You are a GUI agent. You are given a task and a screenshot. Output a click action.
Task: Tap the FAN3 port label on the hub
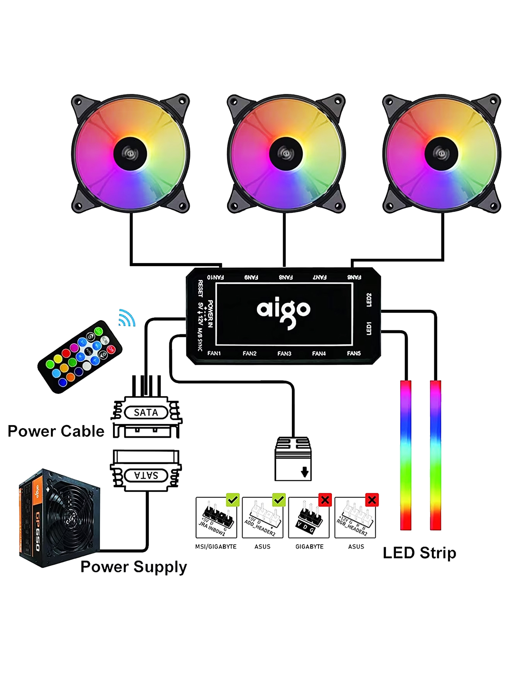(x=284, y=353)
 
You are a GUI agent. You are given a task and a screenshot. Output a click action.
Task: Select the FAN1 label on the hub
(x=214, y=353)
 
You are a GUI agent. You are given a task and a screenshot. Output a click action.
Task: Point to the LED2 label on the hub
(x=369, y=300)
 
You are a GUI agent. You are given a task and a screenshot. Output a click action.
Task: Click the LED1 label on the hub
(x=369, y=328)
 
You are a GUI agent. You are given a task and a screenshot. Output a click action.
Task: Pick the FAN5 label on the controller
(x=354, y=353)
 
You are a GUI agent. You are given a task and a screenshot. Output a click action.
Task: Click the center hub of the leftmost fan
(x=130, y=154)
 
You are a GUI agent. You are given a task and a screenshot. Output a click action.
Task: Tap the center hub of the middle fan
(x=286, y=154)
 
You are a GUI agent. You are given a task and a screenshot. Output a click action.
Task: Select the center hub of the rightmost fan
(x=441, y=154)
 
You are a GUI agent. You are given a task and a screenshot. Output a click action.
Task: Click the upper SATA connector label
(x=146, y=413)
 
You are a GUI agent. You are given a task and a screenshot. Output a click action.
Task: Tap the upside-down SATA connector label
(x=146, y=475)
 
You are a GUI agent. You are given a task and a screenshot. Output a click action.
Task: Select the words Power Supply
(x=133, y=567)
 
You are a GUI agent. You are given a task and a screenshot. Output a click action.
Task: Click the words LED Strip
(x=419, y=553)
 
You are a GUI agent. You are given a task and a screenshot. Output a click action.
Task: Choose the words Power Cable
(x=56, y=431)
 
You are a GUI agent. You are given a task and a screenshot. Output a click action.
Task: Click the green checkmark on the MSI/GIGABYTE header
(x=233, y=500)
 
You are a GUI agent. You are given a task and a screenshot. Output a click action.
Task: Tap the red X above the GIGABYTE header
(x=325, y=500)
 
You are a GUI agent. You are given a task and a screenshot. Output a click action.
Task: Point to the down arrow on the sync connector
(x=304, y=472)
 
